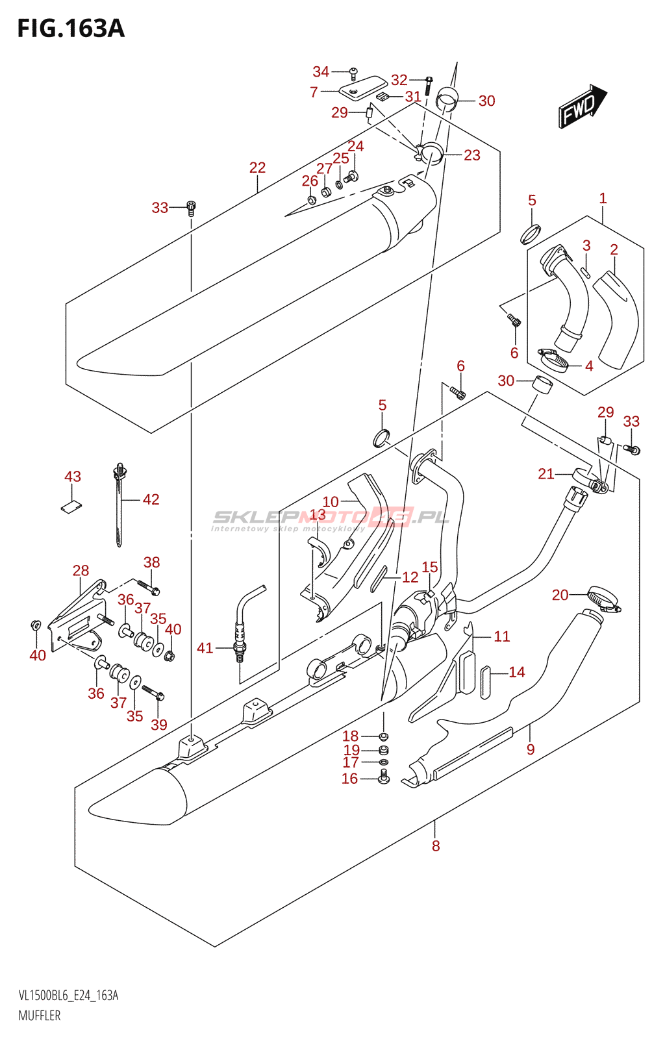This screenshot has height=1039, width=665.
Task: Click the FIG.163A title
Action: (x=70, y=29)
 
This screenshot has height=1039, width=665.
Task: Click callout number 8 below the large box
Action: (x=436, y=845)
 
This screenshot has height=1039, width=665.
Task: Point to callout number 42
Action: (x=151, y=499)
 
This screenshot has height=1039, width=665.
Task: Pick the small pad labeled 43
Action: (x=73, y=506)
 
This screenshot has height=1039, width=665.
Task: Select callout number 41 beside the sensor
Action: (x=205, y=647)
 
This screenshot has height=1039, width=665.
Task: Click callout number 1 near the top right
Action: (x=603, y=198)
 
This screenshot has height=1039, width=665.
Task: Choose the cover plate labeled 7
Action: (x=362, y=88)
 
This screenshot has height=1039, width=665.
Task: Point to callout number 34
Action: (x=321, y=72)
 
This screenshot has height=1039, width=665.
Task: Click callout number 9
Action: (x=531, y=749)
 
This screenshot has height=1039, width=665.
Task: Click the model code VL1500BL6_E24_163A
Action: (x=68, y=995)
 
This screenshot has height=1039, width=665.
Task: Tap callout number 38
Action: (x=151, y=562)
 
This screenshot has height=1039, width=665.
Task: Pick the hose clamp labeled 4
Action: (x=554, y=358)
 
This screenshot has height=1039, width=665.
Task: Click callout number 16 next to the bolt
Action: (x=349, y=778)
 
